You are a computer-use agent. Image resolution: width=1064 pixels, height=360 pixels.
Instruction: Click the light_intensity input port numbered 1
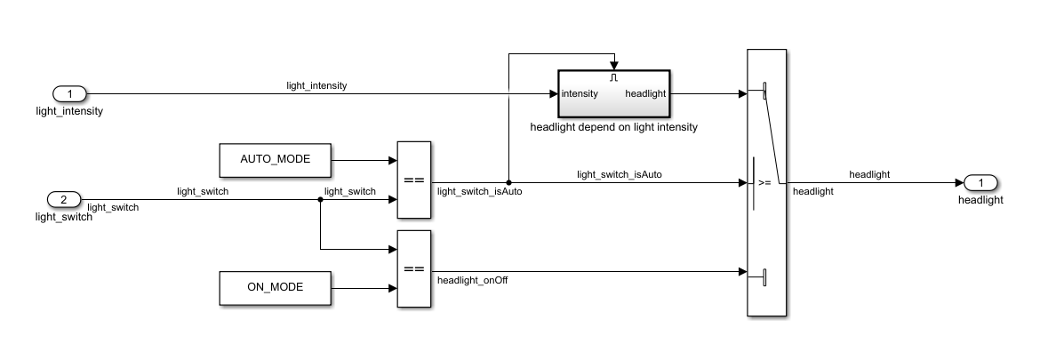[x=69, y=93]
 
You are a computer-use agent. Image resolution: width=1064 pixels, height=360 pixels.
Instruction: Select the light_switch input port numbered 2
[x=64, y=199]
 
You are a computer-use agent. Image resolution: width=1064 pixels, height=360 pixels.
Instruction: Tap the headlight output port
[x=980, y=182]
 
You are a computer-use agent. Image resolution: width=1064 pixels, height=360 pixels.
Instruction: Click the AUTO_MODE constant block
[x=276, y=160]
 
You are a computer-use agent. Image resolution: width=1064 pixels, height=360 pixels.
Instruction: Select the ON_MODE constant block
[x=276, y=288]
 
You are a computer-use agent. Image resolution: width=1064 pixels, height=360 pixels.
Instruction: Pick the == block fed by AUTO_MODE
[x=414, y=180]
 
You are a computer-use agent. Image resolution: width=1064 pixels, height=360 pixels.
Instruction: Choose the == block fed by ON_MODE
[x=414, y=269]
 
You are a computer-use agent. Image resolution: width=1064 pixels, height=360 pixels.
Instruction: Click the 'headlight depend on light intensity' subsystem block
[x=614, y=93]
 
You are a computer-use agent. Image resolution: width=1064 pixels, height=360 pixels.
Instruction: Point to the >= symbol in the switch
[x=764, y=182]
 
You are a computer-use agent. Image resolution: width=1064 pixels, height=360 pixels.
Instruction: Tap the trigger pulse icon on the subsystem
[x=614, y=77]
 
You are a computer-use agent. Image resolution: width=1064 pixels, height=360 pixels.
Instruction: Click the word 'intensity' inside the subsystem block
[x=580, y=93]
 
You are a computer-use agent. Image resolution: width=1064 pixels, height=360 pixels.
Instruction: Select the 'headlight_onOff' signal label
[x=472, y=280]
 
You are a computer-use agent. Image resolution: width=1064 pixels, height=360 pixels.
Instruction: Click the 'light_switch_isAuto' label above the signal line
[x=620, y=174]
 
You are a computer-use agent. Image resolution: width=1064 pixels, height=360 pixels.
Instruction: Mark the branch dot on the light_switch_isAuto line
[x=509, y=182]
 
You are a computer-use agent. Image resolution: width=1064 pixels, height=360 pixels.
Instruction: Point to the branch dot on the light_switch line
[x=320, y=199]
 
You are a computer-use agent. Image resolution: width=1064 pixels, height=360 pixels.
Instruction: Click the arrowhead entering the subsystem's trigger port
[x=614, y=66]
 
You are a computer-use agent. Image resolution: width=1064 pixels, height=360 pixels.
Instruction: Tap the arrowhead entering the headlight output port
[x=959, y=182]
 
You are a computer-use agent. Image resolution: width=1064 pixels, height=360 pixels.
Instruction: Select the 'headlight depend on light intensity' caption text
[x=613, y=127]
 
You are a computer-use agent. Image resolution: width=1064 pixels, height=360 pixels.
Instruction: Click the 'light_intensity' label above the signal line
[x=316, y=85]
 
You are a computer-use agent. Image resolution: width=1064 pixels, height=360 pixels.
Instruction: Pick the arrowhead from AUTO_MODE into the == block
[x=393, y=161]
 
